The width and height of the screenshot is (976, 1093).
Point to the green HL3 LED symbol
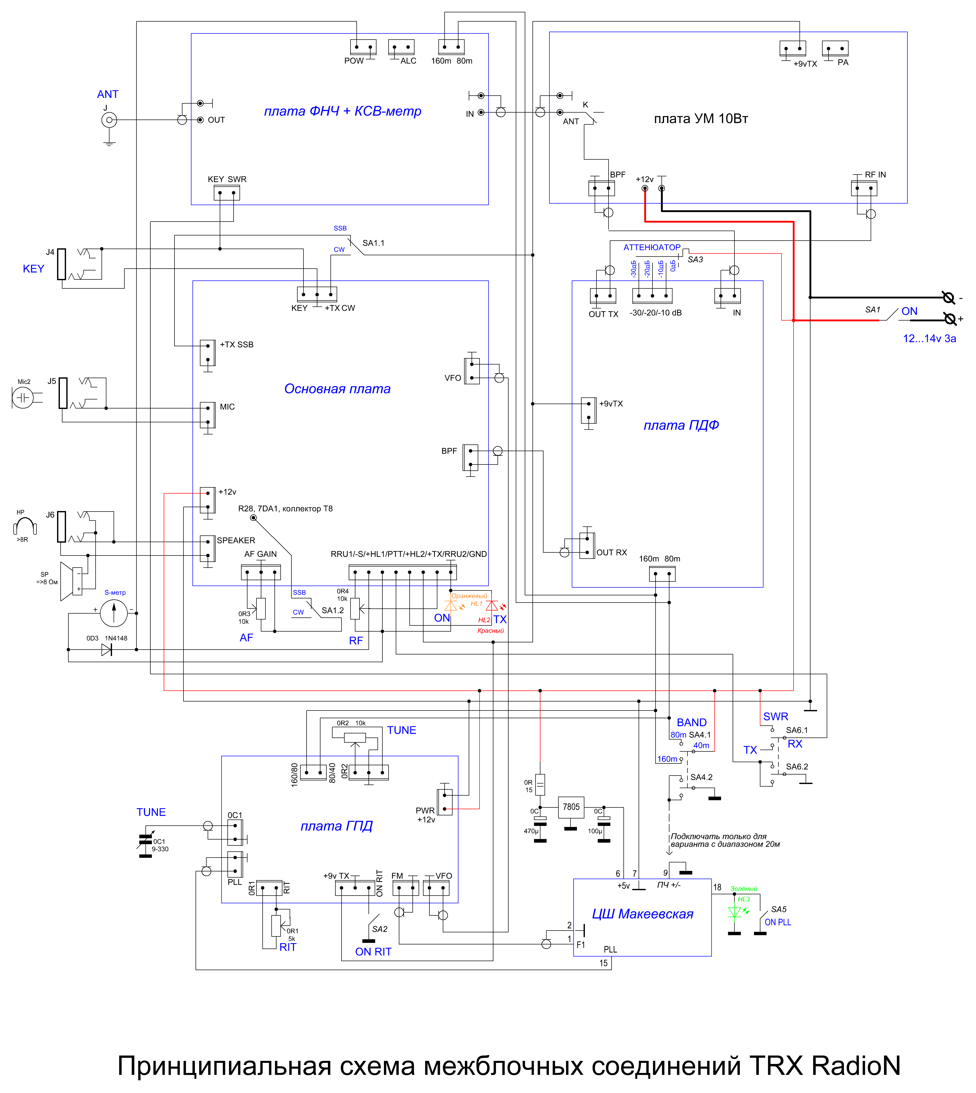734,912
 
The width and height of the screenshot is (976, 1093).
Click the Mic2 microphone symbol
23,397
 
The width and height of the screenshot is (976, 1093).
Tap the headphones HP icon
25,526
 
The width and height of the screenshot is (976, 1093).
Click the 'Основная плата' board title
337,389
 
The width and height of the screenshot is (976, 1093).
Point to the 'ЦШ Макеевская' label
642,914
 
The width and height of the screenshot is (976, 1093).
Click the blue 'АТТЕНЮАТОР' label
651,247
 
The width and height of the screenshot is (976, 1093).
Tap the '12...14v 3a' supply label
929,338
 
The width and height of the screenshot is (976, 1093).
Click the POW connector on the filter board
363,47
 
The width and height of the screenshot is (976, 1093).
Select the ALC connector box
401,47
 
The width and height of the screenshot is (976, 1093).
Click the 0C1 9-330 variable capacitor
145,841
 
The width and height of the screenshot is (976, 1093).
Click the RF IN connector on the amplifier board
864,188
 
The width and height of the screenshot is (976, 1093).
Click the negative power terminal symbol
948,297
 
